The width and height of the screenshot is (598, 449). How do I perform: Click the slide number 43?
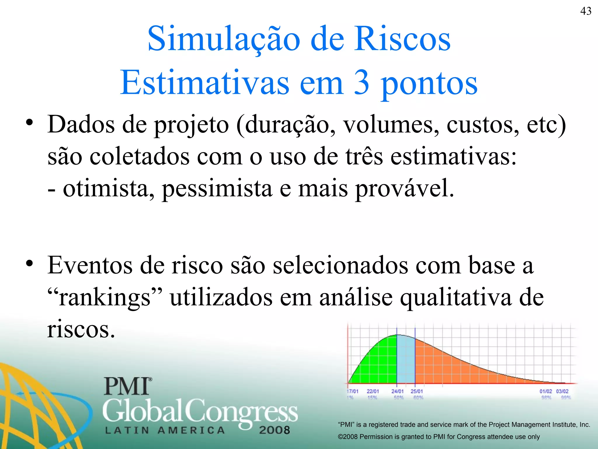click(586, 11)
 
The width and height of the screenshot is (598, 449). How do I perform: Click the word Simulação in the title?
click(224, 39)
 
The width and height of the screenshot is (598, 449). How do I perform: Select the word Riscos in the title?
click(403, 39)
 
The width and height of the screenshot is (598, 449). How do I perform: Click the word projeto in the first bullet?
click(191, 125)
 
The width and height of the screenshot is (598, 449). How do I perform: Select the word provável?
click(404, 189)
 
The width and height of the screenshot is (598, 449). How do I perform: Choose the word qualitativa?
click(456, 298)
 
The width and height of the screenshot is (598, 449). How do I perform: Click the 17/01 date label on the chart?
click(352, 391)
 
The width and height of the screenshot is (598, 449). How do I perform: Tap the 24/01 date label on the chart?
click(397, 391)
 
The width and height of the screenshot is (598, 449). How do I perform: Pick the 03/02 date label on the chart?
click(562, 391)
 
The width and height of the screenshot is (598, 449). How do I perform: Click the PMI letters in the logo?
click(127, 386)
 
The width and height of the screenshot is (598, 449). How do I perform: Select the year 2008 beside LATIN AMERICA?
click(274, 430)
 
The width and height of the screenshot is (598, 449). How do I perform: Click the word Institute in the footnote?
click(564, 424)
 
